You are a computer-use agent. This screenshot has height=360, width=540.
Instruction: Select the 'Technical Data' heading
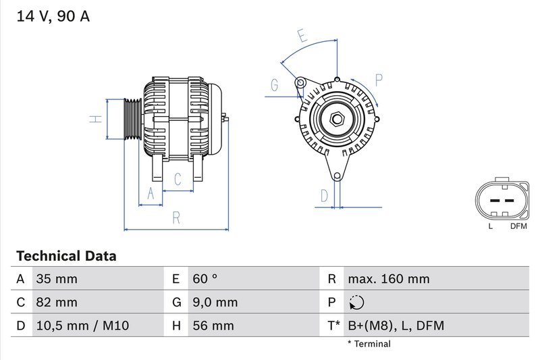pyautogui.click(x=66, y=257)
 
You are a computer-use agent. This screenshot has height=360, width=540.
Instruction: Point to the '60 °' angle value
pyautogui.click(x=205, y=279)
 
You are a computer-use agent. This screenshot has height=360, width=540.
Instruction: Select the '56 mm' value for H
pyautogui.click(x=213, y=326)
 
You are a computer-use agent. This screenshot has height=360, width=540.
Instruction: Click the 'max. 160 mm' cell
pyautogui.click(x=389, y=279)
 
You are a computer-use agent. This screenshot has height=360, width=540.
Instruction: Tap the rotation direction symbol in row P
pyautogui.click(x=356, y=303)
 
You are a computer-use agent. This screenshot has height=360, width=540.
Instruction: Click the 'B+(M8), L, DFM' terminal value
pyautogui.click(x=396, y=326)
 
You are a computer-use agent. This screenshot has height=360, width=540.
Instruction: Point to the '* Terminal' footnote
pyautogui.click(x=369, y=344)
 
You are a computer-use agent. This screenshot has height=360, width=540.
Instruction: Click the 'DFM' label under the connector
pyautogui.click(x=518, y=226)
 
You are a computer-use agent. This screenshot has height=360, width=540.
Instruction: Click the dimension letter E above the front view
pyautogui.click(x=302, y=36)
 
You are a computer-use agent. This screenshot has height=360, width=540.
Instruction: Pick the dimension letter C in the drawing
pyautogui.click(x=178, y=179)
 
